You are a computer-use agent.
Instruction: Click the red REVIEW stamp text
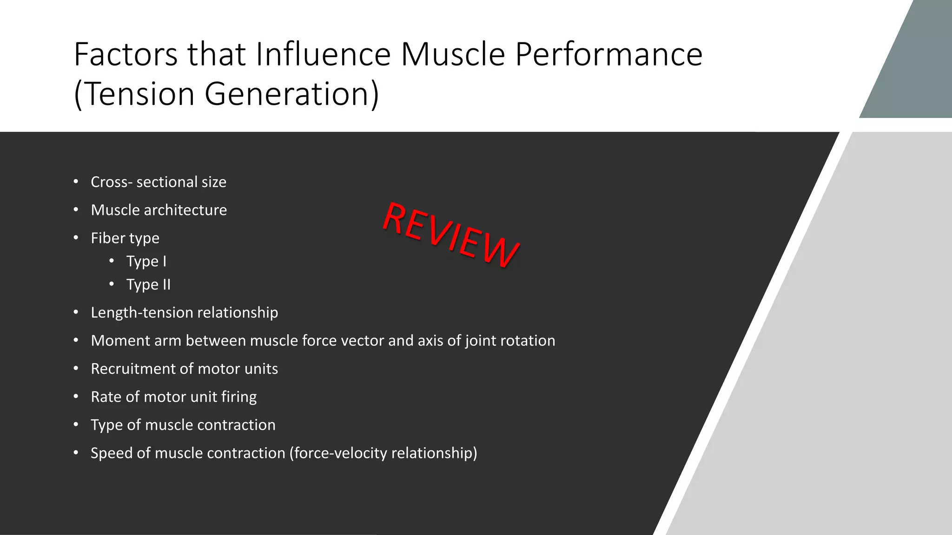450,235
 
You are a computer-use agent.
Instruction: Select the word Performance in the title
609,55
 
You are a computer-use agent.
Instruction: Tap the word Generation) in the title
291,94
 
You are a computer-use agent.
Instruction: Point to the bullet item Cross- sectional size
159,182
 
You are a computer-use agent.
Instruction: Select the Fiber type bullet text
125,238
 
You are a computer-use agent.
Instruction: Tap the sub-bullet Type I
146,261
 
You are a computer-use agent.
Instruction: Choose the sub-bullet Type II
148,285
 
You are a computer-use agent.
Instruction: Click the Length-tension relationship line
184,313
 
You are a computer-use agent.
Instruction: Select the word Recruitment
133,369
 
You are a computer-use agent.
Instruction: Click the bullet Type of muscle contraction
183,425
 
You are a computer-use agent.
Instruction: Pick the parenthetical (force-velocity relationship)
383,453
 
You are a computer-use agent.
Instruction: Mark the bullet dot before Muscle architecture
76,210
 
